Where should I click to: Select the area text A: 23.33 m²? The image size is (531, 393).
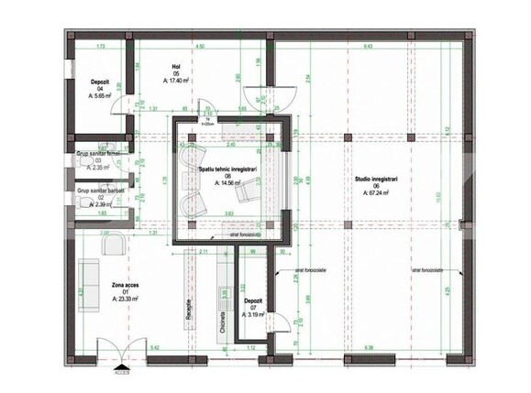(127, 299)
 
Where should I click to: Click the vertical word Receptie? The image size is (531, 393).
(190, 309)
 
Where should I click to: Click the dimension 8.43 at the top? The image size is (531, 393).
(368, 44)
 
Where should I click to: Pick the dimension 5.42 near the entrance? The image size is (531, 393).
(156, 348)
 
